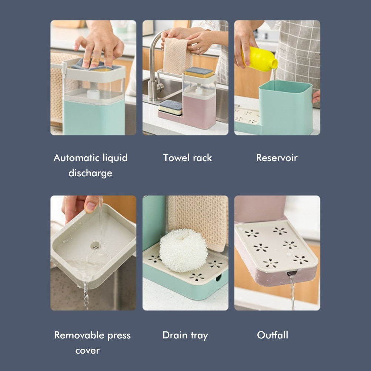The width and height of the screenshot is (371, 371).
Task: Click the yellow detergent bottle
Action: (x=260, y=59)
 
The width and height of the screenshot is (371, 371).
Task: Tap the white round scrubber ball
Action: (x=183, y=250)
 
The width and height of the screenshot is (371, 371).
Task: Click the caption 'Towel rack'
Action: (x=187, y=158)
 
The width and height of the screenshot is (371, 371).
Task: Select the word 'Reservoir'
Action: (x=277, y=158)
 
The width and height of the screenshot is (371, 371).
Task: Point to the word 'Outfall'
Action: (x=273, y=335)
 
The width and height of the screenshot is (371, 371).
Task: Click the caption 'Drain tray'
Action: (x=185, y=335)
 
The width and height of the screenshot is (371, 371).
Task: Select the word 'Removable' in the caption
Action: (x=80, y=335)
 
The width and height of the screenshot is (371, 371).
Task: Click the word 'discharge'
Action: (x=90, y=173)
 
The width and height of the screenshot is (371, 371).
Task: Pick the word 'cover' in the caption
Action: (x=87, y=351)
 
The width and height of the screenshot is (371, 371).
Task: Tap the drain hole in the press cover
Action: (x=95, y=246)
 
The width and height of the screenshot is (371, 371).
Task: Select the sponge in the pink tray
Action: (x=170, y=107)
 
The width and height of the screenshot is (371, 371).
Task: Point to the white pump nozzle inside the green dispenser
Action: (x=93, y=94)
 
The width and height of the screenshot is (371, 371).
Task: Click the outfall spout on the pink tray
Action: (x=291, y=274)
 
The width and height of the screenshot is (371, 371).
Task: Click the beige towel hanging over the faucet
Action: (x=177, y=56)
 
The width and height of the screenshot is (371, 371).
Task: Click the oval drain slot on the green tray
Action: (x=218, y=277)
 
